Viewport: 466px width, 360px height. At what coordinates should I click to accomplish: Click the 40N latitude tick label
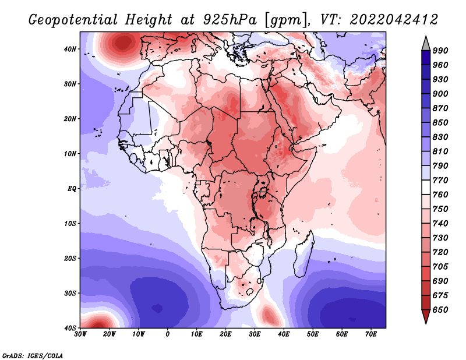[70, 49]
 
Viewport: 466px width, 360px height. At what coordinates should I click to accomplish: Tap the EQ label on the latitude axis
[72, 189]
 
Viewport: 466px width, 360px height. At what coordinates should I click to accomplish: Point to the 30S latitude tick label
[70, 294]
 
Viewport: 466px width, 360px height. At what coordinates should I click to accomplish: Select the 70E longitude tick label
[370, 334]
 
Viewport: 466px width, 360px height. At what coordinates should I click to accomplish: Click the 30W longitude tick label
[80, 334]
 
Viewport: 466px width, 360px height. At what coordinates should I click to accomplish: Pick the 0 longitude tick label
[168, 334]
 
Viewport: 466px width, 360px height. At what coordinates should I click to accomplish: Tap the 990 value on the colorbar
[440, 51]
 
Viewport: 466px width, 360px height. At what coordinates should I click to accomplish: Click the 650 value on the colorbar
[440, 310]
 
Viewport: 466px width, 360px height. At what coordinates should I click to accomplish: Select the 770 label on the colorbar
[440, 180]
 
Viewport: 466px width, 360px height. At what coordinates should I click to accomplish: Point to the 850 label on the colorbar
[440, 122]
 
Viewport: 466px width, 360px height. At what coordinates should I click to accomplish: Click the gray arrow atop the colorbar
[426, 44]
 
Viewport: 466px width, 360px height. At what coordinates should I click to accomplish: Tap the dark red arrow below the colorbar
[426, 316]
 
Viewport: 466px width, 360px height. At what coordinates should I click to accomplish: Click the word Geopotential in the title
[73, 20]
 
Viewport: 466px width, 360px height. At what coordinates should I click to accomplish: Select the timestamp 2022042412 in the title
[394, 20]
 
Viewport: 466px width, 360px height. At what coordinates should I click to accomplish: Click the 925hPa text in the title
[230, 20]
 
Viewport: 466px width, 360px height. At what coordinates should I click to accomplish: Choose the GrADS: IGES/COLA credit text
[33, 356]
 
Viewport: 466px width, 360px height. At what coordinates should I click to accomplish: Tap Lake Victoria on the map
[263, 192]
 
